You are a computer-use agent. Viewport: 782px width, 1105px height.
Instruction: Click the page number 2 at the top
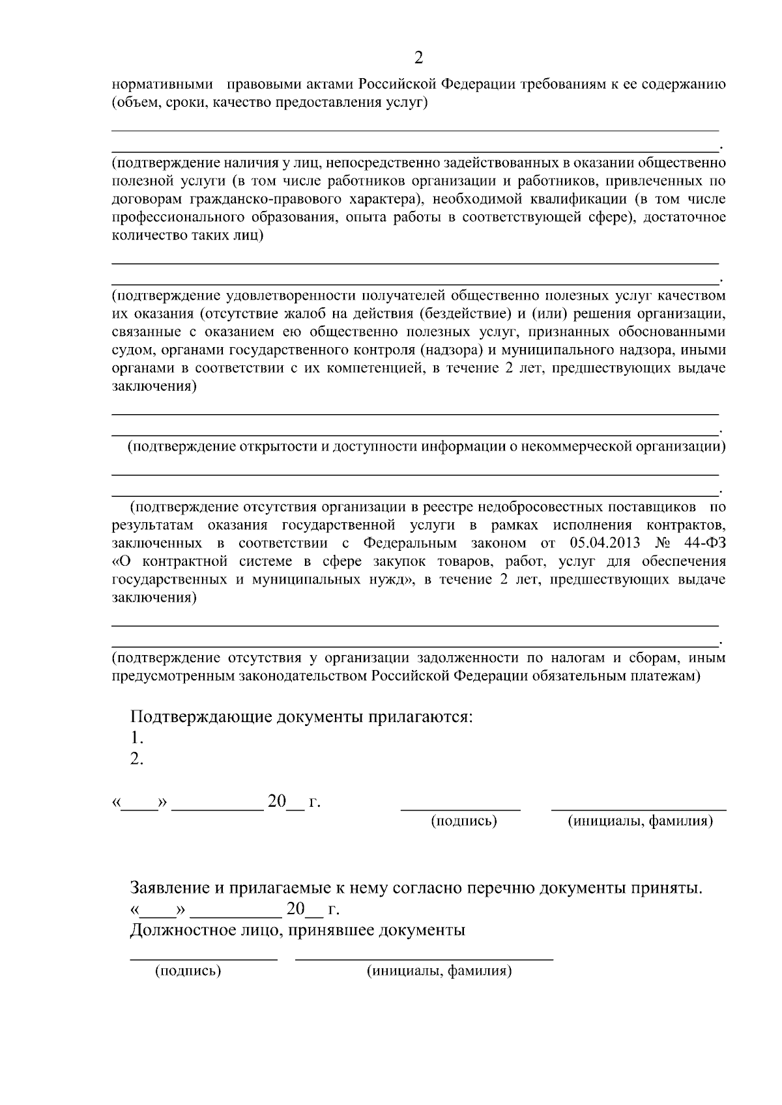point(418,59)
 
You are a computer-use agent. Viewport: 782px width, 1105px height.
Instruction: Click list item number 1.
point(136,738)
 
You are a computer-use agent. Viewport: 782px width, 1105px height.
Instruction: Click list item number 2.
point(136,759)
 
